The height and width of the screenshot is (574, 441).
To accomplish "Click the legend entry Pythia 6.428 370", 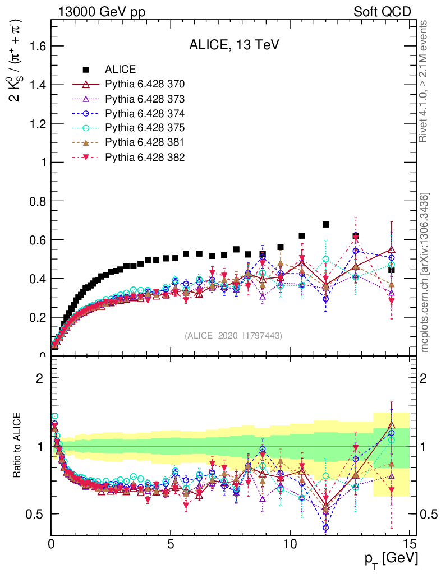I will point(145,85).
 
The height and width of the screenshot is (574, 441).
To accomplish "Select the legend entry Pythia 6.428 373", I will point(145,99).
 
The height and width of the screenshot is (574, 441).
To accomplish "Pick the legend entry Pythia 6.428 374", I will point(145,114).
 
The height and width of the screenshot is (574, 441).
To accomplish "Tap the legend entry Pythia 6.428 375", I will point(145,128).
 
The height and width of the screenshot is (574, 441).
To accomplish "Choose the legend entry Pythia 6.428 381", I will point(145,143).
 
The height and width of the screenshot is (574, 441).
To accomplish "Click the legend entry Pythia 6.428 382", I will point(145,158).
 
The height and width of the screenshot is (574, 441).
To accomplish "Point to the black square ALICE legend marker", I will point(86,70).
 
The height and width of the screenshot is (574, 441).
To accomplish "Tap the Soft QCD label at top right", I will point(382,12).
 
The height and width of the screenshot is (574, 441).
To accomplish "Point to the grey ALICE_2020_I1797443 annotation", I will point(233,335).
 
